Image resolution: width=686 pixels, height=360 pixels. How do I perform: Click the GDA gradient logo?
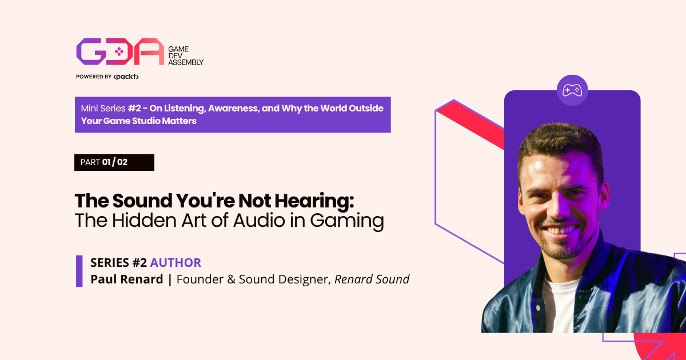coord(121,51)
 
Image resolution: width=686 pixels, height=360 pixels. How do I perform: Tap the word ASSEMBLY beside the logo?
coord(186,62)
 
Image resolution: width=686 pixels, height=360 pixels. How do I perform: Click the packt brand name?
coord(126,77)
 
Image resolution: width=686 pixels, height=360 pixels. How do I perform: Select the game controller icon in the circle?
coord(572,90)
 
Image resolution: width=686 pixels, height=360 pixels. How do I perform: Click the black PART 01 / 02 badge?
coord(114,162)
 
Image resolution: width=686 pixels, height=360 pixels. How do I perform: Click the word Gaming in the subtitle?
coord(346,221)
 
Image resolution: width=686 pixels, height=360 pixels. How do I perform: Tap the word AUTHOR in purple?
coord(176,263)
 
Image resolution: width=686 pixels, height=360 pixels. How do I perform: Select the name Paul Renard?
coord(127,279)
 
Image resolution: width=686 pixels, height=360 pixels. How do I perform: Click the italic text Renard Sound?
coord(372,279)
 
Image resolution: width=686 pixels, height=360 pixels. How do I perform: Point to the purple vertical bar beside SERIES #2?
coord(79,271)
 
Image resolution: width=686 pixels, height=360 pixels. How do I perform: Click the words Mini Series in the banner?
coord(103,109)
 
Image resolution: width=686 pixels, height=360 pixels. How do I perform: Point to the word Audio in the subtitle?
coord(259,221)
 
